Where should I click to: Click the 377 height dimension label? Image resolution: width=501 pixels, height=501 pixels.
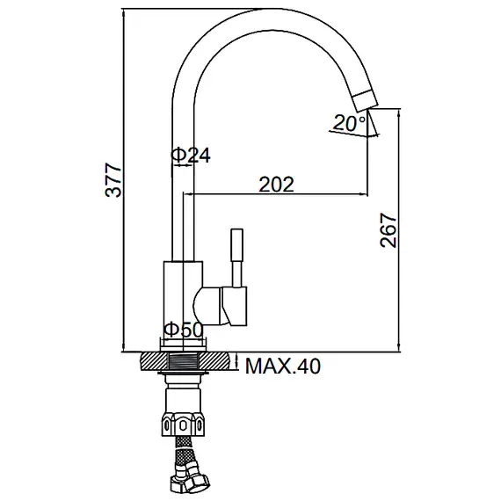[x=113, y=180]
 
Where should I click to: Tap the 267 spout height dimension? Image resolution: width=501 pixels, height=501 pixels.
[x=388, y=230]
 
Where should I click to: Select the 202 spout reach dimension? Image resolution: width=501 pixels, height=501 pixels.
[x=276, y=185]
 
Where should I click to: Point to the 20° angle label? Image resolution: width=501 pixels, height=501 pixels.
[x=349, y=123]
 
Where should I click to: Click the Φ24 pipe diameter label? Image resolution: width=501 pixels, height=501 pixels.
[x=191, y=156]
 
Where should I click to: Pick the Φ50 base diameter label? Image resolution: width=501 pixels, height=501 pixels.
[x=184, y=330]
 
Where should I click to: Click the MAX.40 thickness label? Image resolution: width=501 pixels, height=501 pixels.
[x=283, y=367]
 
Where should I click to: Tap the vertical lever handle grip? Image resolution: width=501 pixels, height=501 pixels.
[x=236, y=245]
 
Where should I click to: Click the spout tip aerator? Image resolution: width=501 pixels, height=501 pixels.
[x=365, y=101]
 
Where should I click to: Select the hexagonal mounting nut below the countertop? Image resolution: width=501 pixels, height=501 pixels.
[x=183, y=424]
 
